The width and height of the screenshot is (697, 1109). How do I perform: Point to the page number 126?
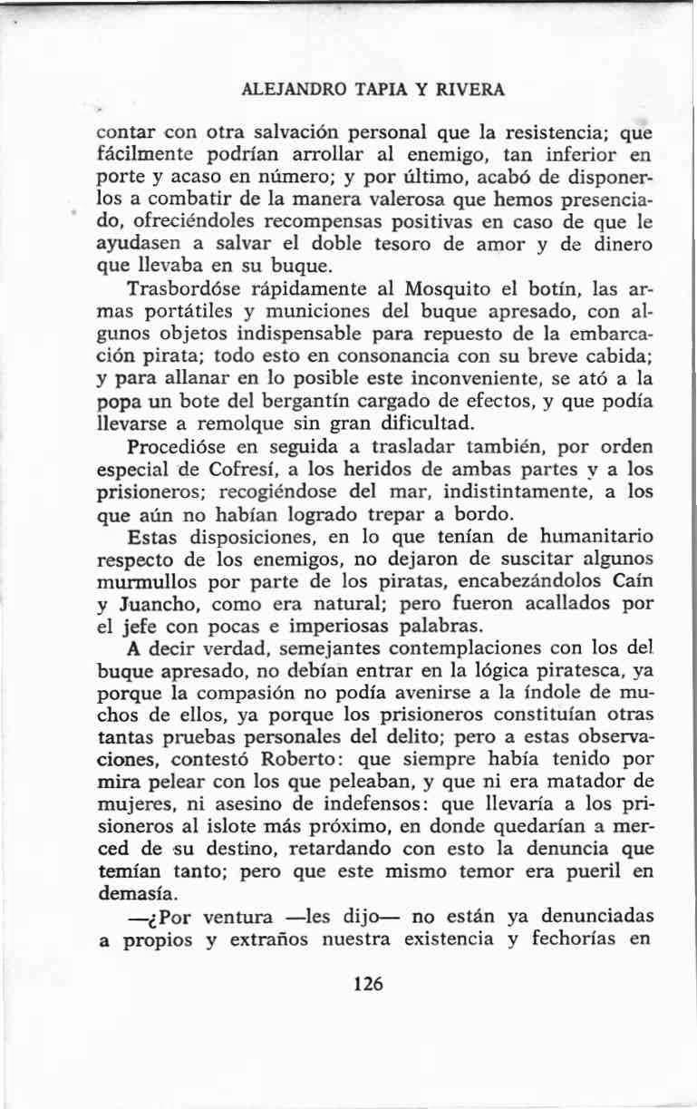tap(370, 984)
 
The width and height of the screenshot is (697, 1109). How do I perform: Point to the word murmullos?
tap(140, 581)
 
